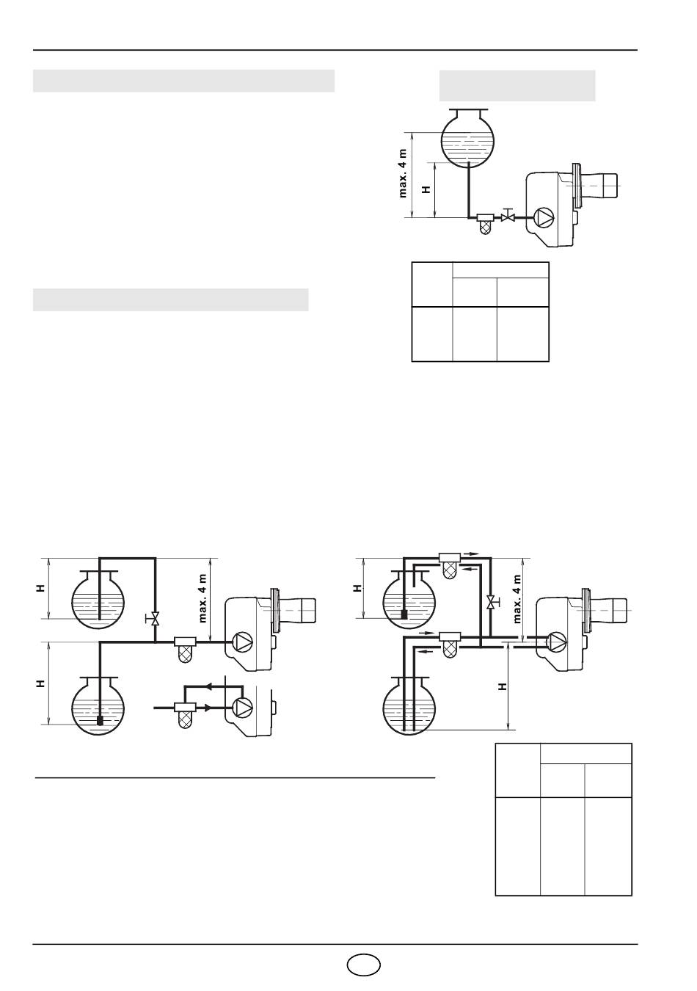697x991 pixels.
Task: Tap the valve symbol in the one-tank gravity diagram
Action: [508, 217]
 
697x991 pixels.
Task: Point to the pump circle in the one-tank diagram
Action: [544, 217]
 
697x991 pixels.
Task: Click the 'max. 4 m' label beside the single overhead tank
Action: [403, 173]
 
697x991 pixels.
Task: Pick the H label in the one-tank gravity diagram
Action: [426, 189]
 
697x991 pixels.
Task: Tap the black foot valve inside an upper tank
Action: [404, 614]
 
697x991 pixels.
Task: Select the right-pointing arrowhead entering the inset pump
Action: [207, 708]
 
